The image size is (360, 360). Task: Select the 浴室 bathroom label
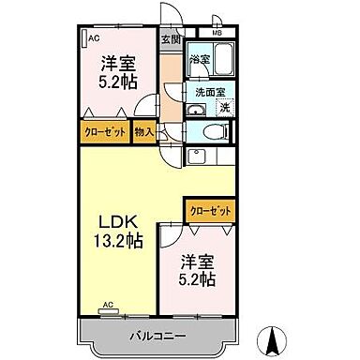(x=200, y=60)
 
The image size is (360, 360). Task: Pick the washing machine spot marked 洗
(x=224, y=108)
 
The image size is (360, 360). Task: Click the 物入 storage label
(x=143, y=133)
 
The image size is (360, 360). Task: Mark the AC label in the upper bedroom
(x=94, y=37)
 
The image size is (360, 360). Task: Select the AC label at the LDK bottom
(x=108, y=305)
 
